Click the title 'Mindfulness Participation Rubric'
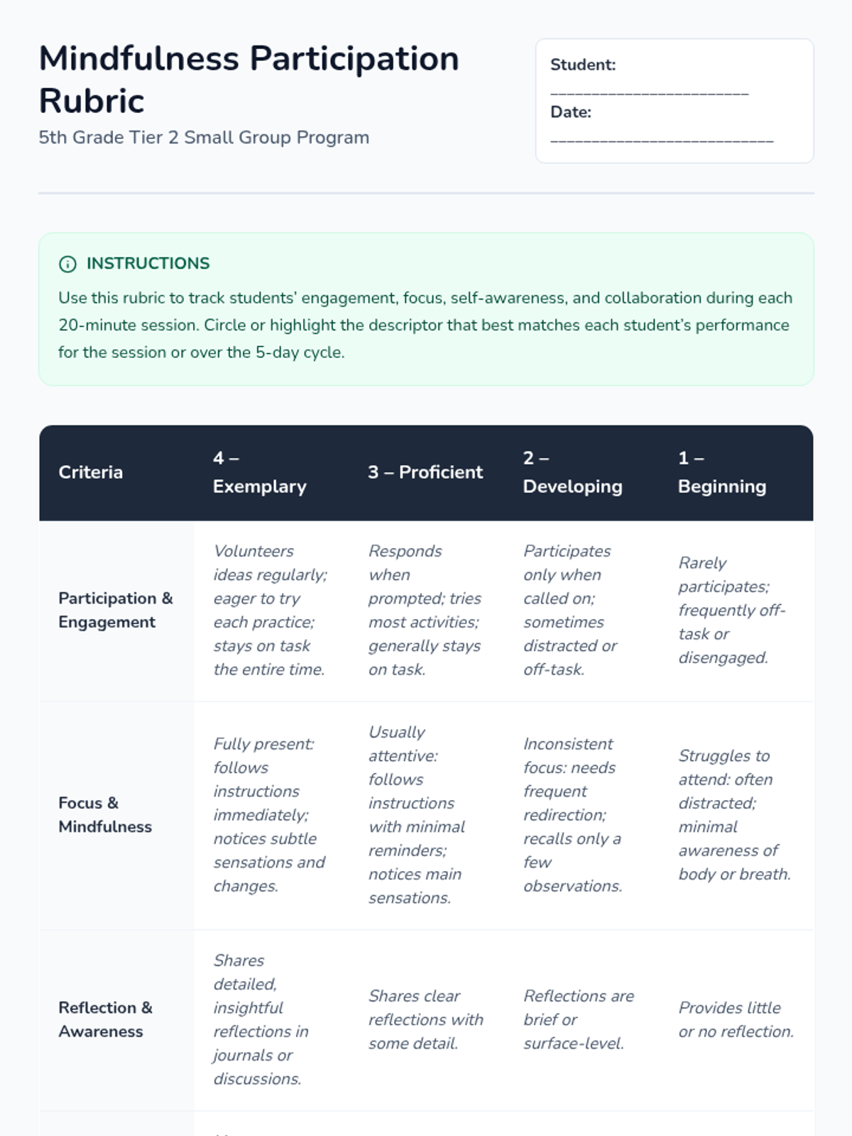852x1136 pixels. tap(248, 79)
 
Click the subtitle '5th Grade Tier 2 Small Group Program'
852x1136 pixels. tap(204, 138)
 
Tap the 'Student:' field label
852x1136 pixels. tap(583, 65)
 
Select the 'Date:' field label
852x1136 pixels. tap(570, 112)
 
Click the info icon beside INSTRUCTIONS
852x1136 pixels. tap(67, 264)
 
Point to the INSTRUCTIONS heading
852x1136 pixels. tap(148, 263)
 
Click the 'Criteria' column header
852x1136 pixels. tap(90, 472)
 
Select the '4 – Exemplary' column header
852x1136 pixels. tap(259, 472)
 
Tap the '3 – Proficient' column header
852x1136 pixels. tap(425, 472)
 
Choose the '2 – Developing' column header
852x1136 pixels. tap(572, 472)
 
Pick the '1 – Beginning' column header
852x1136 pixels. tap(721, 472)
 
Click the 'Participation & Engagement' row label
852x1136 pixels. tap(115, 610)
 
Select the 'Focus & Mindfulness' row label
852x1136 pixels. tap(105, 814)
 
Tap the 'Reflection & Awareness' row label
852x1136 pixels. tap(105, 1019)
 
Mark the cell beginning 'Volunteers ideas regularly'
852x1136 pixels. tap(270, 610)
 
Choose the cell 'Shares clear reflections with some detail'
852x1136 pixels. tap(425, 1019)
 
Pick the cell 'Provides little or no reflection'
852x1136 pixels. tap(736, 1019)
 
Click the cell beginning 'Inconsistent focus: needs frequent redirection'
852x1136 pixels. tap(572, 814)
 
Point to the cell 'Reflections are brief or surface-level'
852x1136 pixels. tap(578, 1019)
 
